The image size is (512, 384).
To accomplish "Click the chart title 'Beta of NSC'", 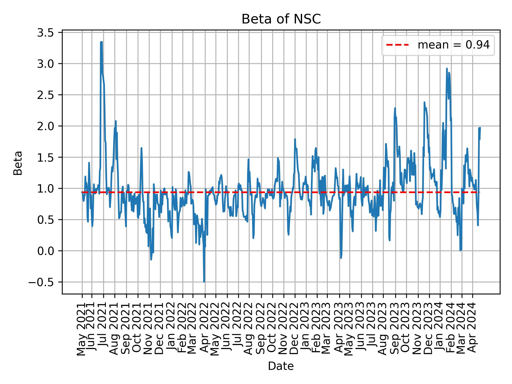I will coord(281,19).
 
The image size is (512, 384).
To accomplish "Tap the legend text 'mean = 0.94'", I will coord(453,45).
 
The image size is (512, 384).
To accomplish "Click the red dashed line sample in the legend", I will coord(397,45).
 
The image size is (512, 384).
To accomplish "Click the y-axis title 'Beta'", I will coord(18,163).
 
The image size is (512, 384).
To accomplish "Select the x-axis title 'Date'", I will coord(281,366).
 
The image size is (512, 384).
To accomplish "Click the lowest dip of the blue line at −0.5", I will coord(204,282).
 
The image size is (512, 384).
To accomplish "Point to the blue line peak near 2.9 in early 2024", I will coord(447,69).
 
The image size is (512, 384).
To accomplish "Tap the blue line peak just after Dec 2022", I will coord(295,139).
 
